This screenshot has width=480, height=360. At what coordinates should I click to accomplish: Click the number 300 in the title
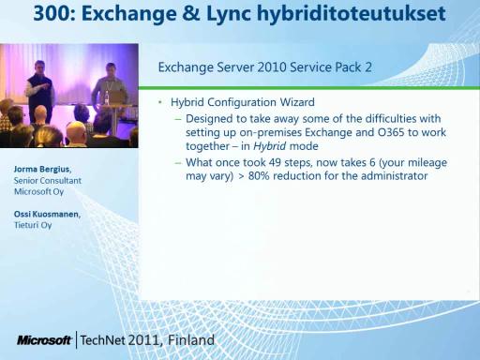coord(53,13)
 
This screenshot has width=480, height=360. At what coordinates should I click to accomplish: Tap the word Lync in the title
coord(229,15)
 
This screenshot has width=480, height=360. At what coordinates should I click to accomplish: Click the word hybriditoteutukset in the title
coord(352,15)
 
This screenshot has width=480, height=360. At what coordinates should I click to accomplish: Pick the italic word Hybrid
coord(270,146)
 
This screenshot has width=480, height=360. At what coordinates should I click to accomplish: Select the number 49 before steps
coord(274,162)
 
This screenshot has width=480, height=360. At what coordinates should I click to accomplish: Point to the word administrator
coord(394,176)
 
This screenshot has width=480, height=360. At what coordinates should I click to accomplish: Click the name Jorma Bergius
coord(42,170)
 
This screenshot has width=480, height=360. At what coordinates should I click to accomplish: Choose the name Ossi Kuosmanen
coord(47,215)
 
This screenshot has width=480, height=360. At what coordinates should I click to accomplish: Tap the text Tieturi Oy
coord(33,225)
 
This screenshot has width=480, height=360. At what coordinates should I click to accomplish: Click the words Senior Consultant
coord(48,181)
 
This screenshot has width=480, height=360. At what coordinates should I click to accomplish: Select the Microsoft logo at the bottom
coord(44,340)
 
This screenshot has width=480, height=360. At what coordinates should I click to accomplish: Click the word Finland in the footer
coord(191,340)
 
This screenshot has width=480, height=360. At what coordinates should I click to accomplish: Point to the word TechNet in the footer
coord(103,340)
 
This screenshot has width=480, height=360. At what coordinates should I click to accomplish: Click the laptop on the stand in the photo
coord(118,97)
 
